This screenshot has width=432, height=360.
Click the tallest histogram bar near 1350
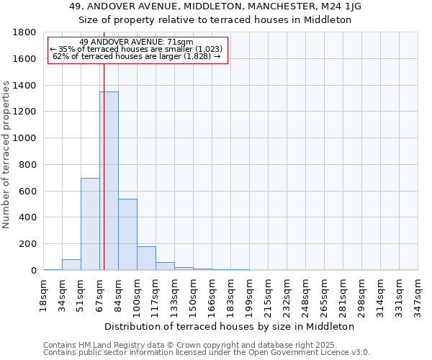109,180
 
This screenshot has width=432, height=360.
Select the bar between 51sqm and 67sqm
90,224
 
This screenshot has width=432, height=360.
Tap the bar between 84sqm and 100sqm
127,234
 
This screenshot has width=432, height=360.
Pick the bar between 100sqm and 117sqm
146,258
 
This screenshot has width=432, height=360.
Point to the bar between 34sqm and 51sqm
71,264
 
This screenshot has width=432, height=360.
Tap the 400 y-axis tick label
29,217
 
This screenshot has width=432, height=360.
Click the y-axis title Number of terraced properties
6,155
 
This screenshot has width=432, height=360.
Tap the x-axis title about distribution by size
235,326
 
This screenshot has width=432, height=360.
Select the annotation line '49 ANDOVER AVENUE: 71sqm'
136,42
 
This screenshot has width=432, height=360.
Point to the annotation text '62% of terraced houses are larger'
136,56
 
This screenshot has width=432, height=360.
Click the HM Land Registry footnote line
195,345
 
